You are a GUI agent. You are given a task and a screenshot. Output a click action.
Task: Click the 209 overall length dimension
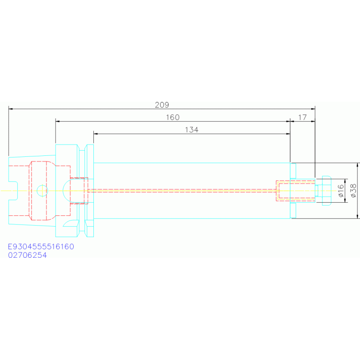(162, 105)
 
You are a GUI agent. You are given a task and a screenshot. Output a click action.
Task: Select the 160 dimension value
(173, 117)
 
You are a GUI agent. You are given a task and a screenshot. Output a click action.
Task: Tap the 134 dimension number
(191, 130)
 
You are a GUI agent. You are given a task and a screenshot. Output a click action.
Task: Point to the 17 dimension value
(302, 117)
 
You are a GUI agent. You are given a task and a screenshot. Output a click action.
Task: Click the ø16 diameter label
(341, 191)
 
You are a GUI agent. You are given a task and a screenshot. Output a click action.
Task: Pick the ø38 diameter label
(353, 191)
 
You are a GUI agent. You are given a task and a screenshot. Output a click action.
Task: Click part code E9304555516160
(41, 246)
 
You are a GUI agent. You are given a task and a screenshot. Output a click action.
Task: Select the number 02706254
(27, 255)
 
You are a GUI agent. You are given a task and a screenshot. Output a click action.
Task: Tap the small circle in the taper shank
(42, 191)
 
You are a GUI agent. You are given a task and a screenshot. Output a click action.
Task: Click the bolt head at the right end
(327, 191)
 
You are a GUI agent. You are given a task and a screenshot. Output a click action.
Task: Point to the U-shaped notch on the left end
(13, 191)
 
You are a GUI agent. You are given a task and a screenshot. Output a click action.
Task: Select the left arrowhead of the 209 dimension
(11, 109)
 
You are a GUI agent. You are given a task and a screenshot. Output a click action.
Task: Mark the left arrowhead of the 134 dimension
(96, 134)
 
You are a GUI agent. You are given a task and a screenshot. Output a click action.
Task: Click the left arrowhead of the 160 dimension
(58, 121)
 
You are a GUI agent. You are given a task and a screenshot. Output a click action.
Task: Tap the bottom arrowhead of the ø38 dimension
(357, 216)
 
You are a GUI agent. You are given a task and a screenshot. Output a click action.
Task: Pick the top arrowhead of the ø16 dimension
(345, 181)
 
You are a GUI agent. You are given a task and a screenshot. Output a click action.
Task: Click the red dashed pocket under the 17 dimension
(296, 191)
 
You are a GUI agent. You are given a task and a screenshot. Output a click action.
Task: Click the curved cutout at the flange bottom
(70, 223)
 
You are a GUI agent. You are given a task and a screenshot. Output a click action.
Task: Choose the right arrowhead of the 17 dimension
(313, 121)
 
